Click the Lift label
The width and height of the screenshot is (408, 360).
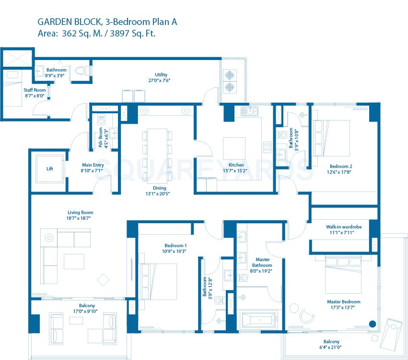pyautogui.click(x=50, y=169)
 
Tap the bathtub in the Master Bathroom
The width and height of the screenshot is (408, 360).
pyautogui.click(x=258, y=319)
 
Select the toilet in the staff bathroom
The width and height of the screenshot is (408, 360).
pyautogui.click(x=85, y=70)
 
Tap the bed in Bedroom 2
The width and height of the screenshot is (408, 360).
pyautogui.click(x=331, y=137)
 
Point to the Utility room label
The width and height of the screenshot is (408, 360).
pyautogui.click(x=161, y=75)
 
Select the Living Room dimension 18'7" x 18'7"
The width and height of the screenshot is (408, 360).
pyautogui.click(x=80, y=218)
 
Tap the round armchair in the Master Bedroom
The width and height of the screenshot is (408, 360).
pyautogui.click(x=306, y=314)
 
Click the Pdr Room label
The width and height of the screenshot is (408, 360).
pyautogui.click(x=100, y=138)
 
